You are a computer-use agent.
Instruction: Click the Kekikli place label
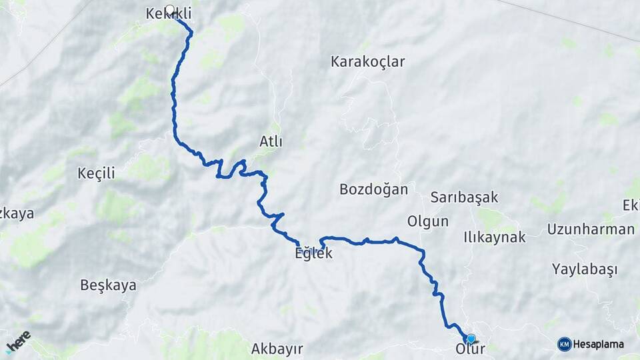point(159,13)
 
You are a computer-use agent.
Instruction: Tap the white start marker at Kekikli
point(169,10)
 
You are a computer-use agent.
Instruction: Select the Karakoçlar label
point(367,61)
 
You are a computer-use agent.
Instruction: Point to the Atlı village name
point(271,141)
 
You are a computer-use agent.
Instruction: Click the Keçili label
point(96,173)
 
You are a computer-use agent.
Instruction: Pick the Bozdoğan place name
point(373,189)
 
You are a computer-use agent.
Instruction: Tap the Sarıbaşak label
point(464,197)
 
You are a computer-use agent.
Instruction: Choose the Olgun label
point(427,221)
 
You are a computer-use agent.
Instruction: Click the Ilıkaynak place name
point(495,237)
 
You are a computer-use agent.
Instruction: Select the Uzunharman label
point(591,229)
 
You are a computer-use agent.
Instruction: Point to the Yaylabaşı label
point(584,269)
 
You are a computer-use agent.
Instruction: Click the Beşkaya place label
point(108,285)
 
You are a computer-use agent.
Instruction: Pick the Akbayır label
point(277,349)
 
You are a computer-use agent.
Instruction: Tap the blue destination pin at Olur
point(471,339)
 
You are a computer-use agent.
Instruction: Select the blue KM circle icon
point(564,344)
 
